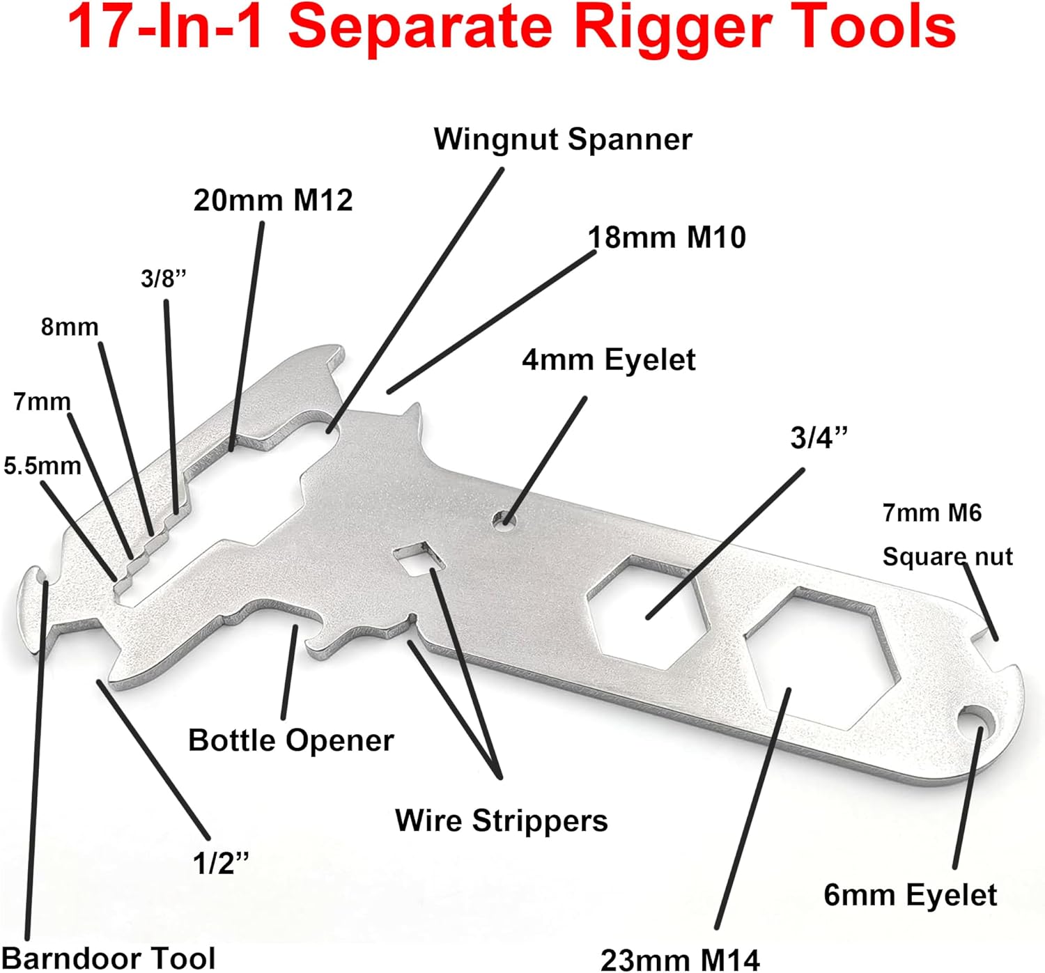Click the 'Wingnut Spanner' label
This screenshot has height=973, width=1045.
point(563,139)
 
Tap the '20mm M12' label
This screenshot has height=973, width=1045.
point(273,201)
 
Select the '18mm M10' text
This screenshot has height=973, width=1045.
point(667,238)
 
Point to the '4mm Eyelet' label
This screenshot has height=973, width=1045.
point(608,360)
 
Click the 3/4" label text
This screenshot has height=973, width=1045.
point(819,438)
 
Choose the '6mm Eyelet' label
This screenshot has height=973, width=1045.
point(910,895)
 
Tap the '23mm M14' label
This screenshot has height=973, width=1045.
point(679,959)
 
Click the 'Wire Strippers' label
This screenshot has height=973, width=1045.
point(501,820)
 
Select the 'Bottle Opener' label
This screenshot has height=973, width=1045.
point(291,740)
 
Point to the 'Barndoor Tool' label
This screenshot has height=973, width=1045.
point(109,958)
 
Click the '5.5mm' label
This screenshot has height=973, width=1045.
point(42,465)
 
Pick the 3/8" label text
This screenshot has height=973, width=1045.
point(164,279)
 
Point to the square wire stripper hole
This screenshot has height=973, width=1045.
point(418,558)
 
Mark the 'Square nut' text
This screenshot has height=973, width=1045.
point(947,556)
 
